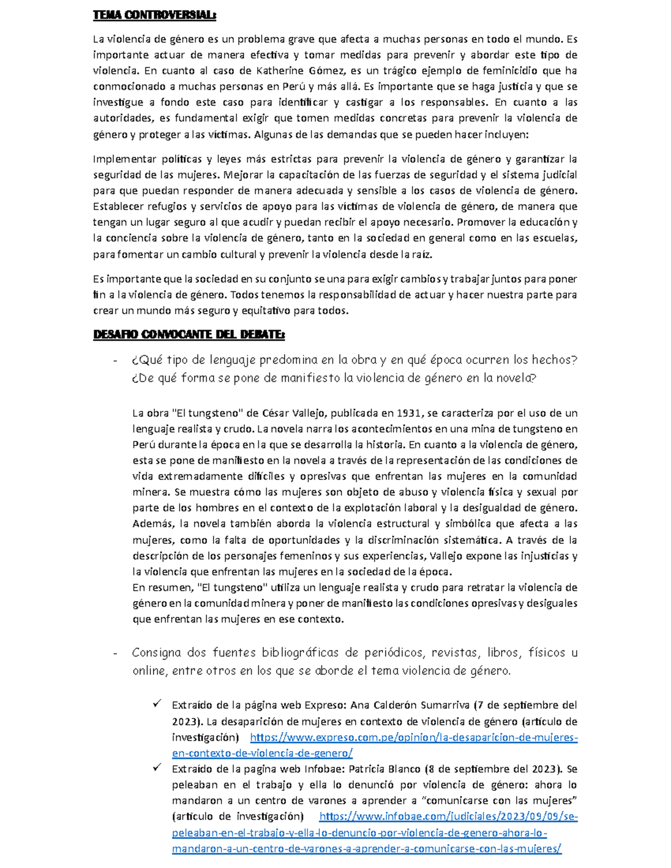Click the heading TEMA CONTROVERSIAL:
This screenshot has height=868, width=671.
[x=154, y=16]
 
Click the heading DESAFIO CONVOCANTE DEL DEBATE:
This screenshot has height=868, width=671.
[x=188, y=335]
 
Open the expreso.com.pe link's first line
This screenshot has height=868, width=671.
[x=414, y=737]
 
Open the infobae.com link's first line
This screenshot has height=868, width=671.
[x=447, y=817]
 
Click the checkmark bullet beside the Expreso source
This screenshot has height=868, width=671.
[x=157, y=704]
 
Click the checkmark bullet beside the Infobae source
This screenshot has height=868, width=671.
[x=157, y=768]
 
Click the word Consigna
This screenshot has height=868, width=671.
[x=157, y=653]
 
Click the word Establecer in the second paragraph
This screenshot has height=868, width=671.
[x=117, y=206]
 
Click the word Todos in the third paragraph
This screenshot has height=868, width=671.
[x=244, y=295]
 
